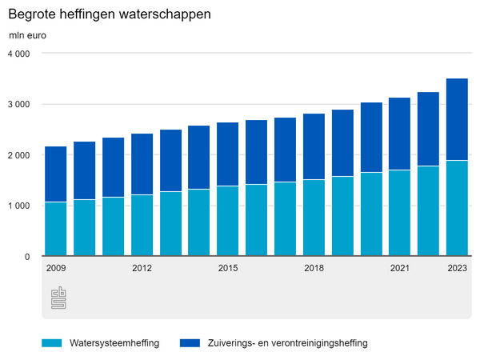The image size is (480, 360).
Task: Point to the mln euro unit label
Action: [28, 36]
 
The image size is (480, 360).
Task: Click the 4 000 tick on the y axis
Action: [19, 54]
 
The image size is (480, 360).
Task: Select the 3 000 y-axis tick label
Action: [19, 105]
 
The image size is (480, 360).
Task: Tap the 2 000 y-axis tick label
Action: [19, 155]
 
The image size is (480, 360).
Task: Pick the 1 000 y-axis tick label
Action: [19, 206]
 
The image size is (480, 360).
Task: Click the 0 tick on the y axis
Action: [27, 257]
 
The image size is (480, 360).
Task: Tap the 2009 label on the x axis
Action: [55, 268]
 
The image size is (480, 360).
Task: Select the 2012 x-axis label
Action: [142, 268]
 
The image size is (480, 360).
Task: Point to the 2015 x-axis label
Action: [228, 268]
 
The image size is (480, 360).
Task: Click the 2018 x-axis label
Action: [314, 268]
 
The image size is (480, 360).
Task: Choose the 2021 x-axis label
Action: [400, 268]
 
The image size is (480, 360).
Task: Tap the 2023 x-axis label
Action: [457, 268]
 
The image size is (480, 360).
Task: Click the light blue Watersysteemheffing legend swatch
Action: [52, 343]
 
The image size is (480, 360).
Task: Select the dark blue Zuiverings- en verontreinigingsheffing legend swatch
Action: [190, 343]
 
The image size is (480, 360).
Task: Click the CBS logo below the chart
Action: [58, 298]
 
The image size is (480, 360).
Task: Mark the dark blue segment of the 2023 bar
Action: [457, 120]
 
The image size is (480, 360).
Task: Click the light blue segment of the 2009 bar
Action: [55, 229]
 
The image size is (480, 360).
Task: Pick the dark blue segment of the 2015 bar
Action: [228, 154]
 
